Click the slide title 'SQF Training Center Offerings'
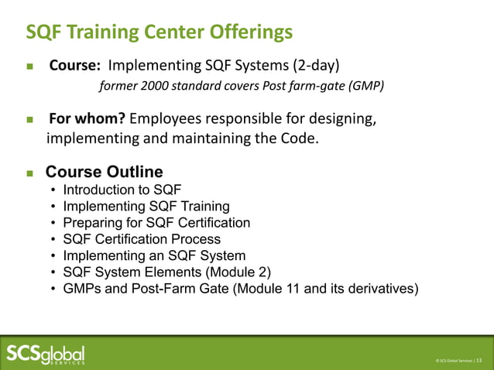(160, 32)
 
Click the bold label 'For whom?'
(87, 119)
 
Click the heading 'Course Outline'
(105, 171)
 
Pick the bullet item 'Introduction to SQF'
(122, 189)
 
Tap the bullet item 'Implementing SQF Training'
(146, 206)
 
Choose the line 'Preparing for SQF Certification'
(156, 222)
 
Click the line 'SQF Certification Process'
(142, 239)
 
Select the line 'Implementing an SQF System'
(154, 255)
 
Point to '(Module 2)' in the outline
(239, 272)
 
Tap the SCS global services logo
(46, 353)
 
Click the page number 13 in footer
(479, 360)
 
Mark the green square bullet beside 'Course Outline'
(30, 172)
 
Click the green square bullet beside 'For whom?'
(30, 121)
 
